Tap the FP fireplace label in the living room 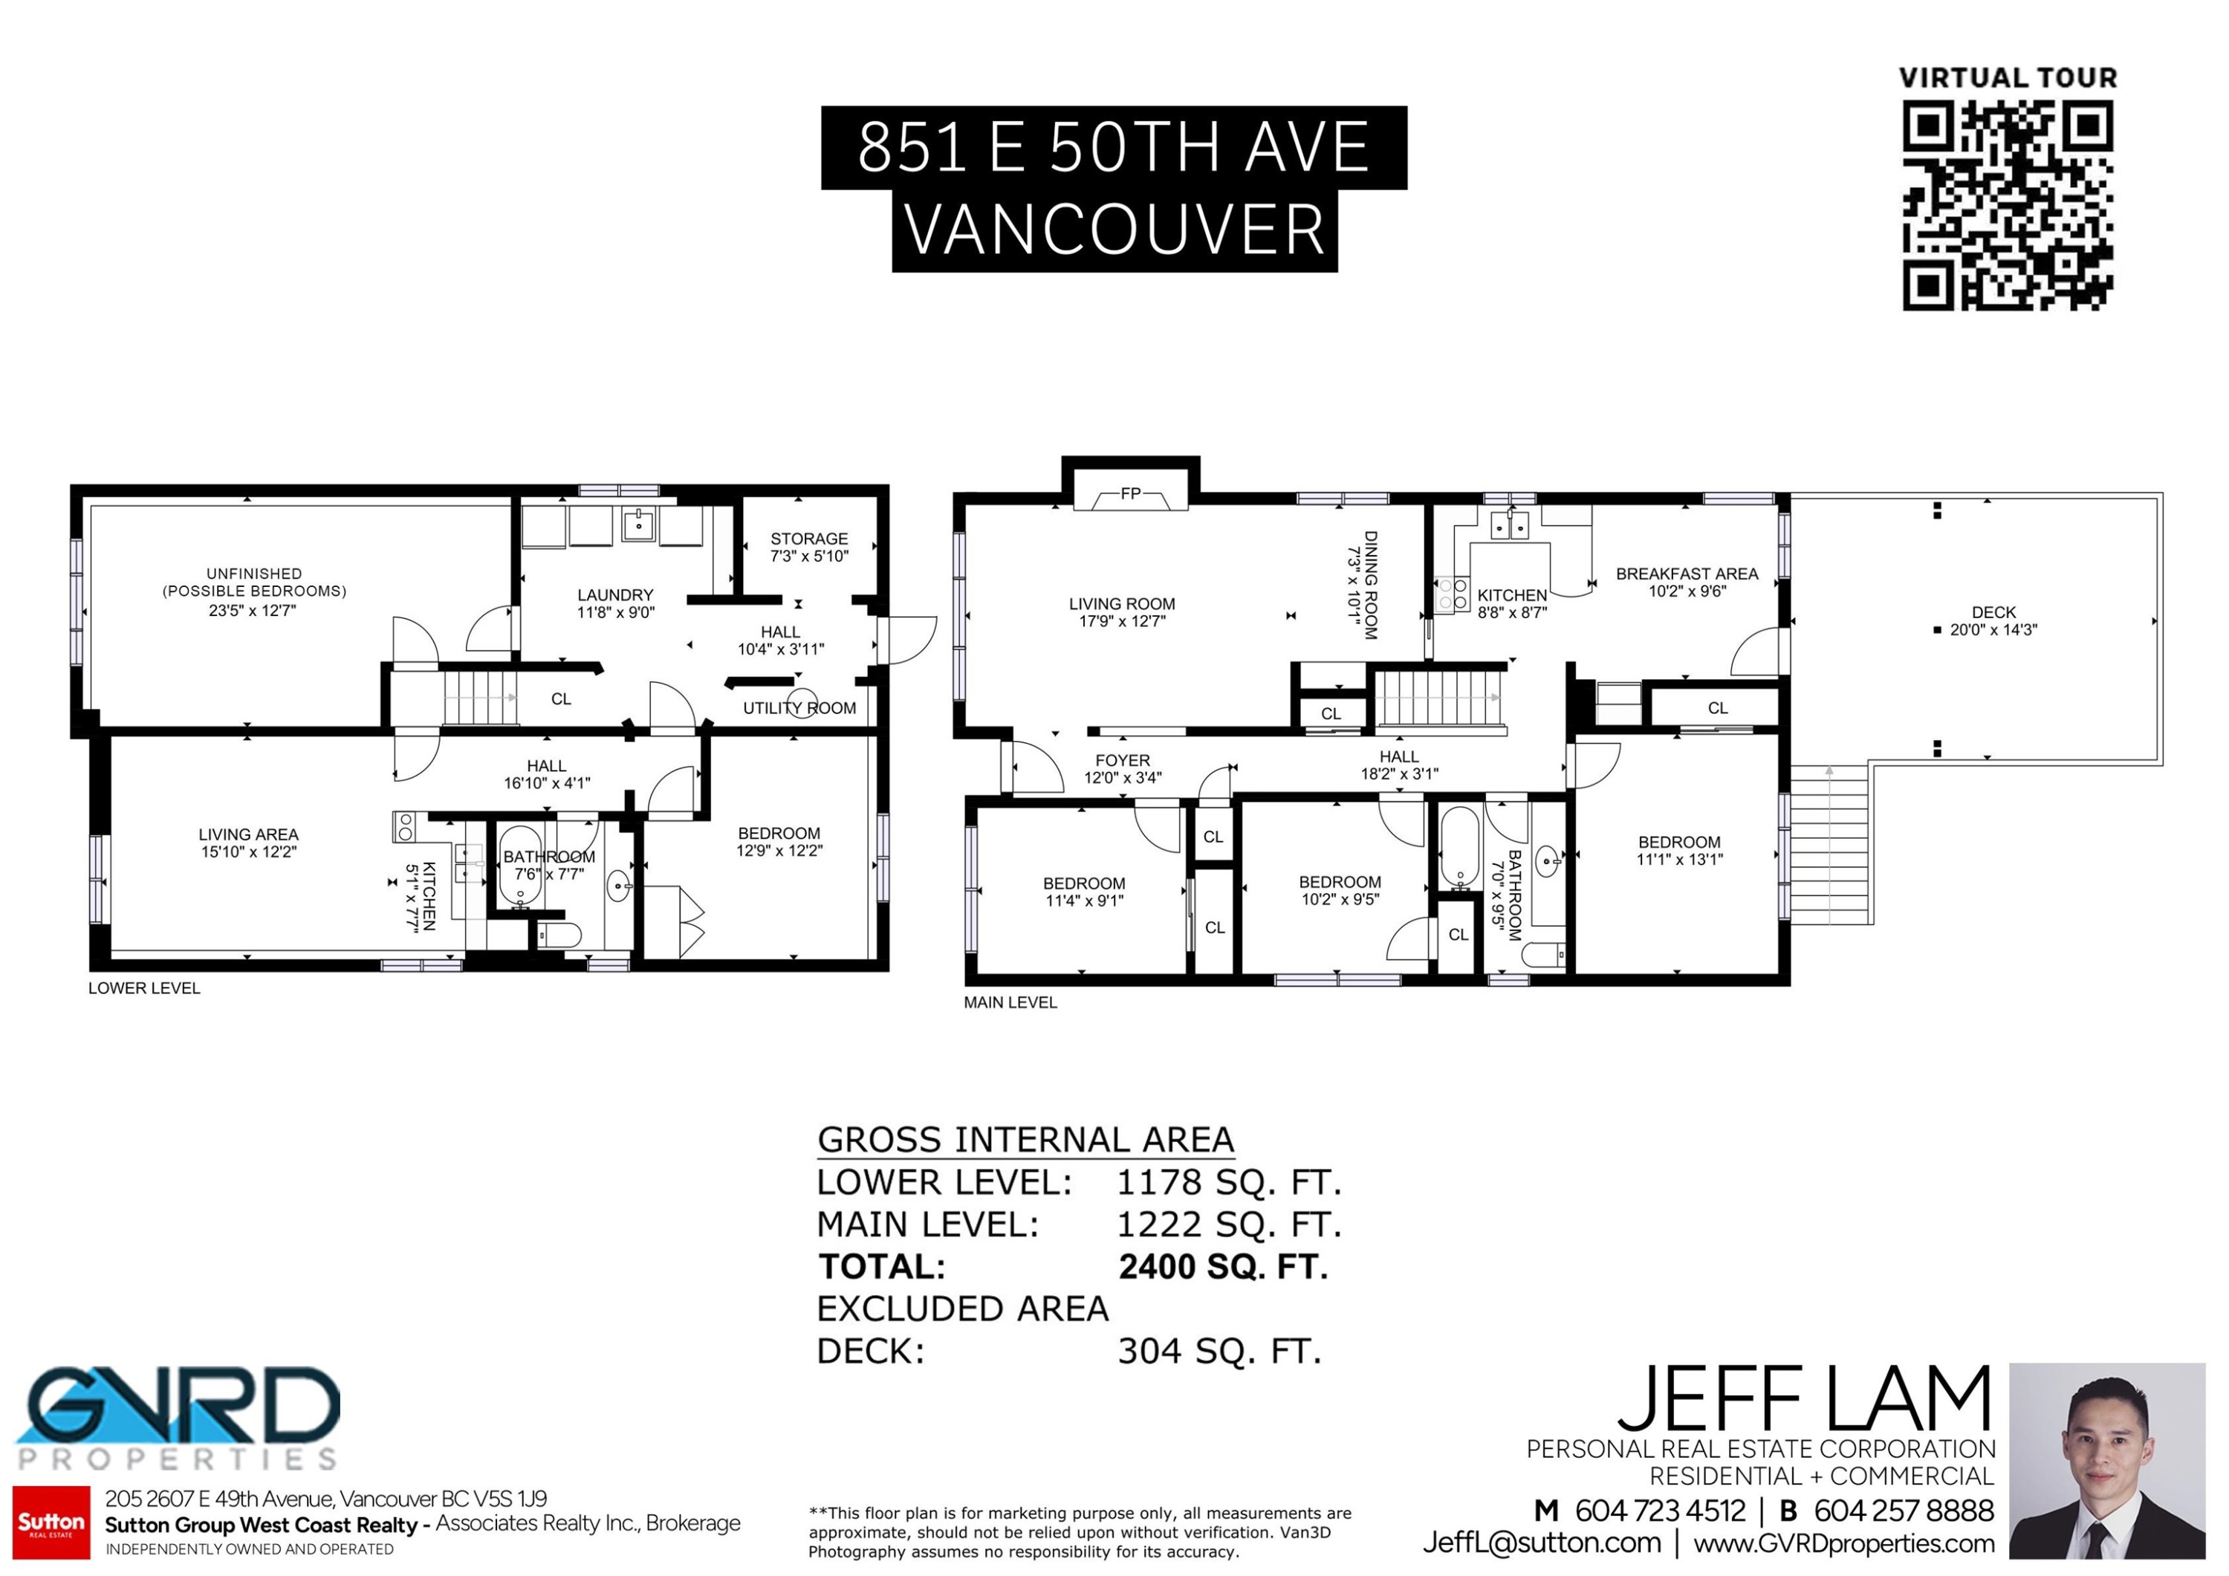click(x=1130, y=494)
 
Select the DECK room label click(x=1993, y=613)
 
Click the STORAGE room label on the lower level click(x=808, y=539)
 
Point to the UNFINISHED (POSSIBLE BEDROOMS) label click(x=253, y=583)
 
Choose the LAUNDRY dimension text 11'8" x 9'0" click(x=615, y=613)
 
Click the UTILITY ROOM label click(x=799, y=709)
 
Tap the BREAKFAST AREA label click(x=1687, y=574)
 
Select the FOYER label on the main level click(x=1122, y=760)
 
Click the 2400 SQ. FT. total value click(x=1223, y=1267)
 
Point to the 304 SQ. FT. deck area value click(x=1219, y=1352)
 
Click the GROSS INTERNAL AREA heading click(x=1025, y=1140)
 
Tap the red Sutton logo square click(x=51, y=1523)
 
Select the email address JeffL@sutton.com click(x=1542, y=1543)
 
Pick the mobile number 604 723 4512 click(x=1659, y=1511)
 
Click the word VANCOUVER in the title click(x=1114, y=231)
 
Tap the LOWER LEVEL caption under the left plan click(x=143, y=988)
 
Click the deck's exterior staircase click(x=1830, y=845)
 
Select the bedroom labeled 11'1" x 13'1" click(x=1679, y=851)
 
